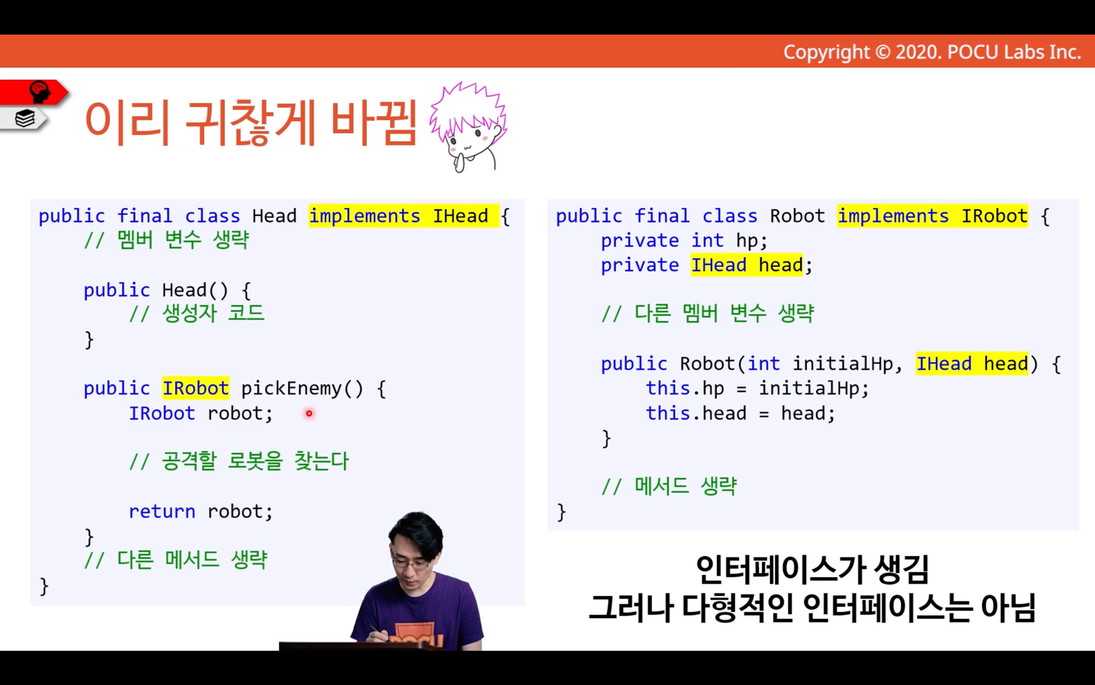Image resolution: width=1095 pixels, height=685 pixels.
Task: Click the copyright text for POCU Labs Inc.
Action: pyautogui.click(x=932, y=52)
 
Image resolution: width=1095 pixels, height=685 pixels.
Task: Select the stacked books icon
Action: pyautogui.click(x=25, y=118)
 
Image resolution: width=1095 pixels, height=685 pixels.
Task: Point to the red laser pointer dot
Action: pyautogui.click(x=309, y=413)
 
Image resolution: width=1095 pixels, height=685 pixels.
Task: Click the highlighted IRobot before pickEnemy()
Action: pyautogui.click(x=196, y=389)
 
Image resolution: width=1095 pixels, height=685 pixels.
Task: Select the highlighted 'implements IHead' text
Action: pyautogui.click(x=404, y=216)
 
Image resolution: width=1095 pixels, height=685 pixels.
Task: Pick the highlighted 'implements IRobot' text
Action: pyautogui.click(x=933, y=216)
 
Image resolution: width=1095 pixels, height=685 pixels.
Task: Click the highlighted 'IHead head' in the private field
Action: pyautogui.click(x=747, y=265)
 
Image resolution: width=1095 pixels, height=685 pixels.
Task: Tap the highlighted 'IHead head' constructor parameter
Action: pyautogui.click(x=973, y=364)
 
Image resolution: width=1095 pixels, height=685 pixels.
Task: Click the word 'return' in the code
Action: pyautogui.click(x=161, y=512)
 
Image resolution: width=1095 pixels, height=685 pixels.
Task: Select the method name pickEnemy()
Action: pyautogui.click(x=302, y=389)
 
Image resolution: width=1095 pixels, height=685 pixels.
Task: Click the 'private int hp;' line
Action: pyautogui.click(x=684, y=241)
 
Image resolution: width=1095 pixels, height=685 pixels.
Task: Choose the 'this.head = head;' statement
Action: pyautogui.click(x=741, y=413)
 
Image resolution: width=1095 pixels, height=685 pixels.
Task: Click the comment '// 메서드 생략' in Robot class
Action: pyautogui.click(x=668, y=486)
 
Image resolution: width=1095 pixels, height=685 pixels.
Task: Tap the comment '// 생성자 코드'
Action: pyautogui.click(x=196, y=314)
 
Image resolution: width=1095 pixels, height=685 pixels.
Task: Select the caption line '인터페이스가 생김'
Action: pyautogui.click(x=812, y=570)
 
